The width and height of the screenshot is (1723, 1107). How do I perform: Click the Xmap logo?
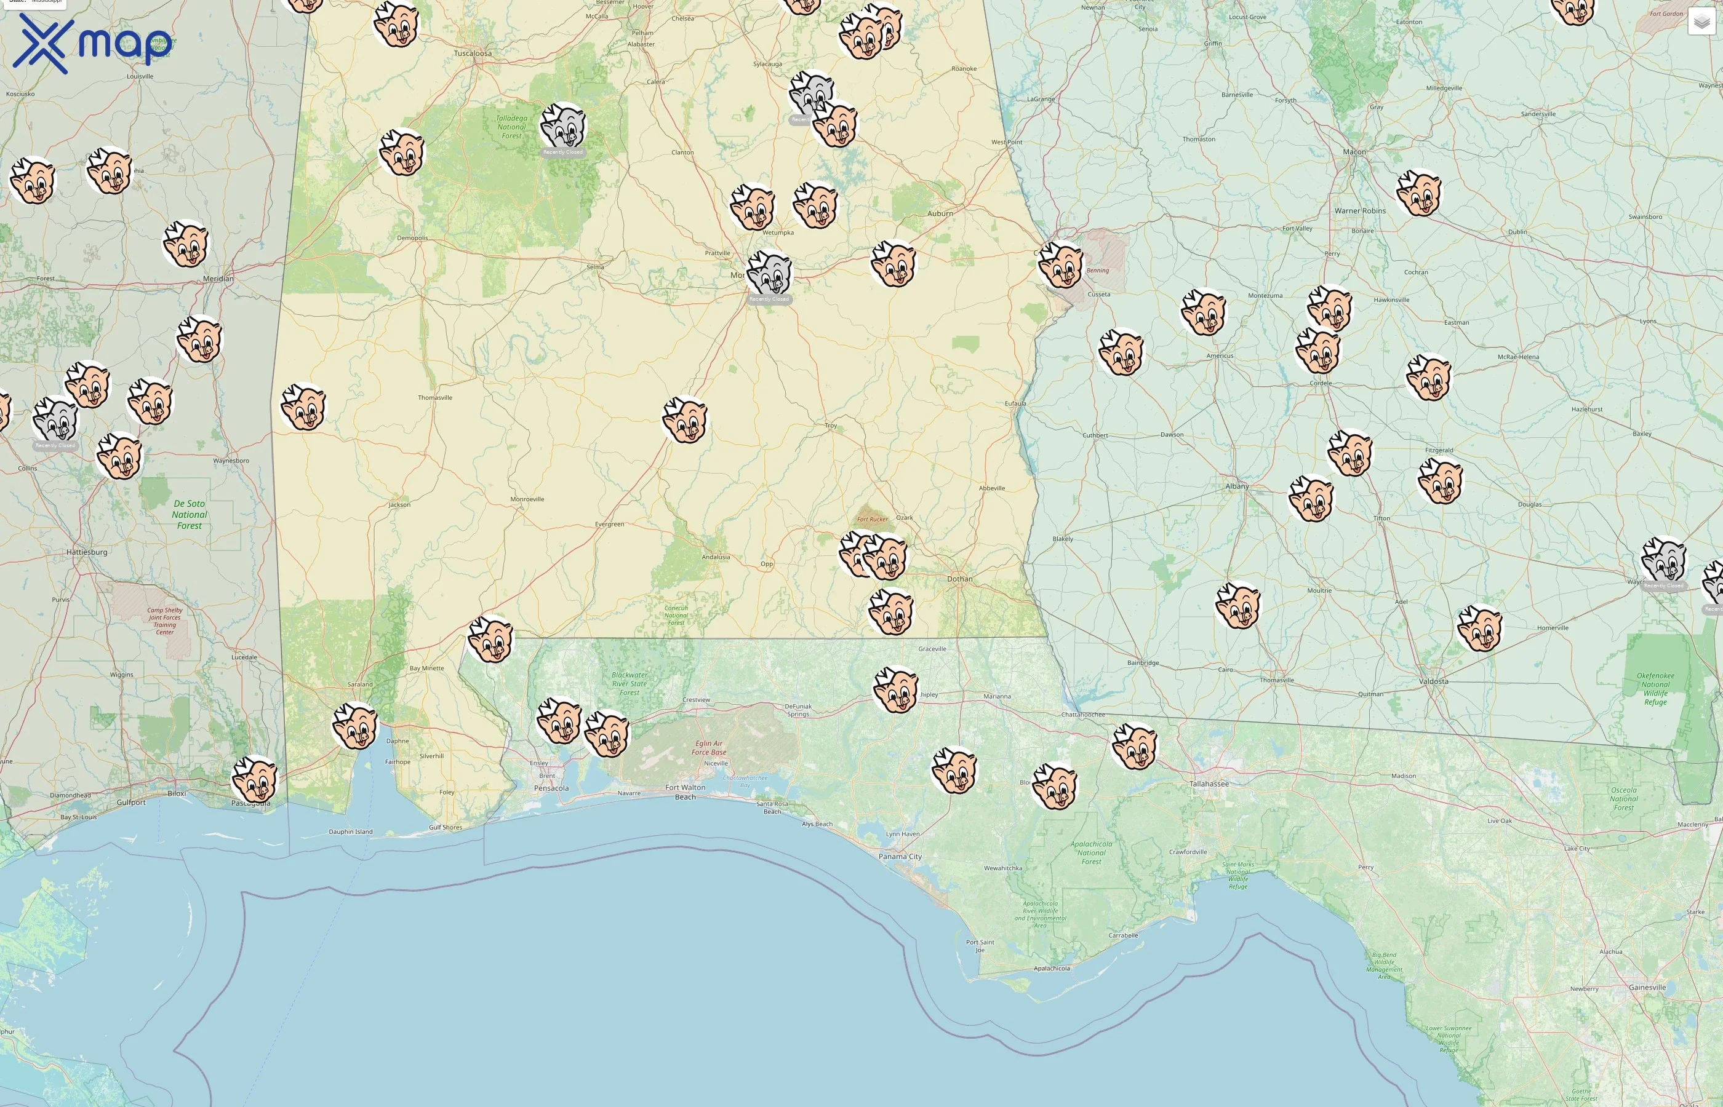tap(92, 43)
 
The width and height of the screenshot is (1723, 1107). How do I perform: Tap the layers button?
tap(1701, 22)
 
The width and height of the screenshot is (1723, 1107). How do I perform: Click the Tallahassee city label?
tap(1209, 784)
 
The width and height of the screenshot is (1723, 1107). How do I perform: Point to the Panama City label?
tap(900, 856)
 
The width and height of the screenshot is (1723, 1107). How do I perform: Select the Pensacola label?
tap(551, 788)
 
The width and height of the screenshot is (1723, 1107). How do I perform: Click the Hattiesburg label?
tap(87, 552)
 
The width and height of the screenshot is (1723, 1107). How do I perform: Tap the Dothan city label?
tap(959, 579)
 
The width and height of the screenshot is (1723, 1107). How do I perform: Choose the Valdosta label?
tap(1433, 681)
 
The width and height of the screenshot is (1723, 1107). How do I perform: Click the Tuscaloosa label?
tap(473, 53)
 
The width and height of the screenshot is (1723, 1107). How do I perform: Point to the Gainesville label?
tap(1647, 987)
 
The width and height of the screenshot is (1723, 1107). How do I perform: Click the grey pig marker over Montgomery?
tap(769, 272)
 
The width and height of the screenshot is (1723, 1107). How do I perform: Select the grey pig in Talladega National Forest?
tap(562, 126)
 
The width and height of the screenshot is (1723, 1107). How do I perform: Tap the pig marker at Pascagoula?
tap(255, 779)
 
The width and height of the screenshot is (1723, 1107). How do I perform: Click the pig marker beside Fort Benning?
tap(1060, 264)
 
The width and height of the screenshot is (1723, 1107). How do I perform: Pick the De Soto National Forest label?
tap(189, 515)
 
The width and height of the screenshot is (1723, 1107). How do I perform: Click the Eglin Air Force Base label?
tap(708, 748)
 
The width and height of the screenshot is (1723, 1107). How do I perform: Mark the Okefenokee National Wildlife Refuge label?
tap(1655, 689)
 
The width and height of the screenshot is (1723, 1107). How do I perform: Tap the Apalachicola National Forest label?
tap(1091, 852)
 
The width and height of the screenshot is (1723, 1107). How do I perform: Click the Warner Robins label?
tap(1360, 210)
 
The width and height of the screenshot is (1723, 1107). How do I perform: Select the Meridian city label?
tap(218, 278)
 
